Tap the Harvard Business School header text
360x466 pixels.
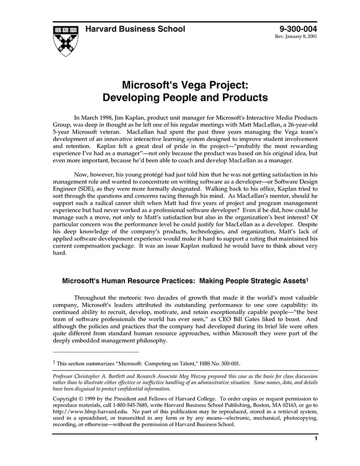click(x=135, y=29)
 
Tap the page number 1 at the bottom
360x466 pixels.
click(x=315, y=439)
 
